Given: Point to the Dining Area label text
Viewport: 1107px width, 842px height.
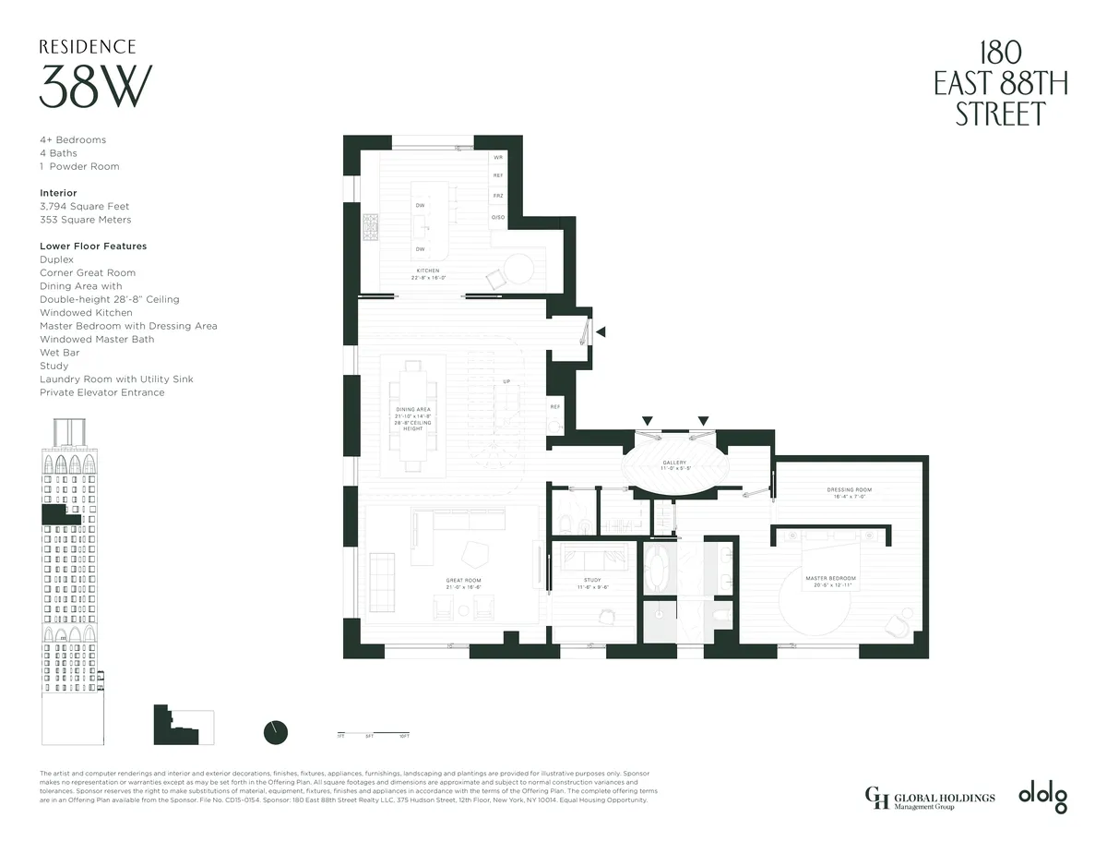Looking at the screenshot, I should (x=413, y=409).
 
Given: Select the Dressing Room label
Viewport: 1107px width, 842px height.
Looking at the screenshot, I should (x=850, y=489).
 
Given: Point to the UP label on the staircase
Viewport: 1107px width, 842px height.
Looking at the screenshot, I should (x=506, y=381).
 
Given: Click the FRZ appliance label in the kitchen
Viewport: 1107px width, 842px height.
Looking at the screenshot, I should (x=498, y=196).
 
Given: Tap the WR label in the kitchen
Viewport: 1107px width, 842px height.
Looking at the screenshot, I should (x=498, y=157).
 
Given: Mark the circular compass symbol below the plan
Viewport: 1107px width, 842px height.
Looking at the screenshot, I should (x=276, y=731).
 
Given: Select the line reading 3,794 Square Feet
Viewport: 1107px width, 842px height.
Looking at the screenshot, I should (x=85, y=207).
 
